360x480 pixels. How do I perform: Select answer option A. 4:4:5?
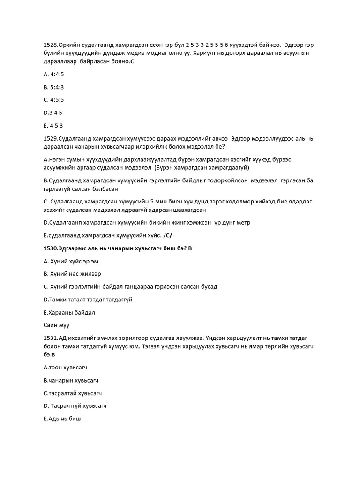[54, 74]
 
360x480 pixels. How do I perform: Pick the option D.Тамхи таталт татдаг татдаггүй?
[88, 300]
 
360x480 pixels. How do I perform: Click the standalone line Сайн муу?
[56, 324]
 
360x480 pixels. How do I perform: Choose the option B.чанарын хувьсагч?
[71, 380]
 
